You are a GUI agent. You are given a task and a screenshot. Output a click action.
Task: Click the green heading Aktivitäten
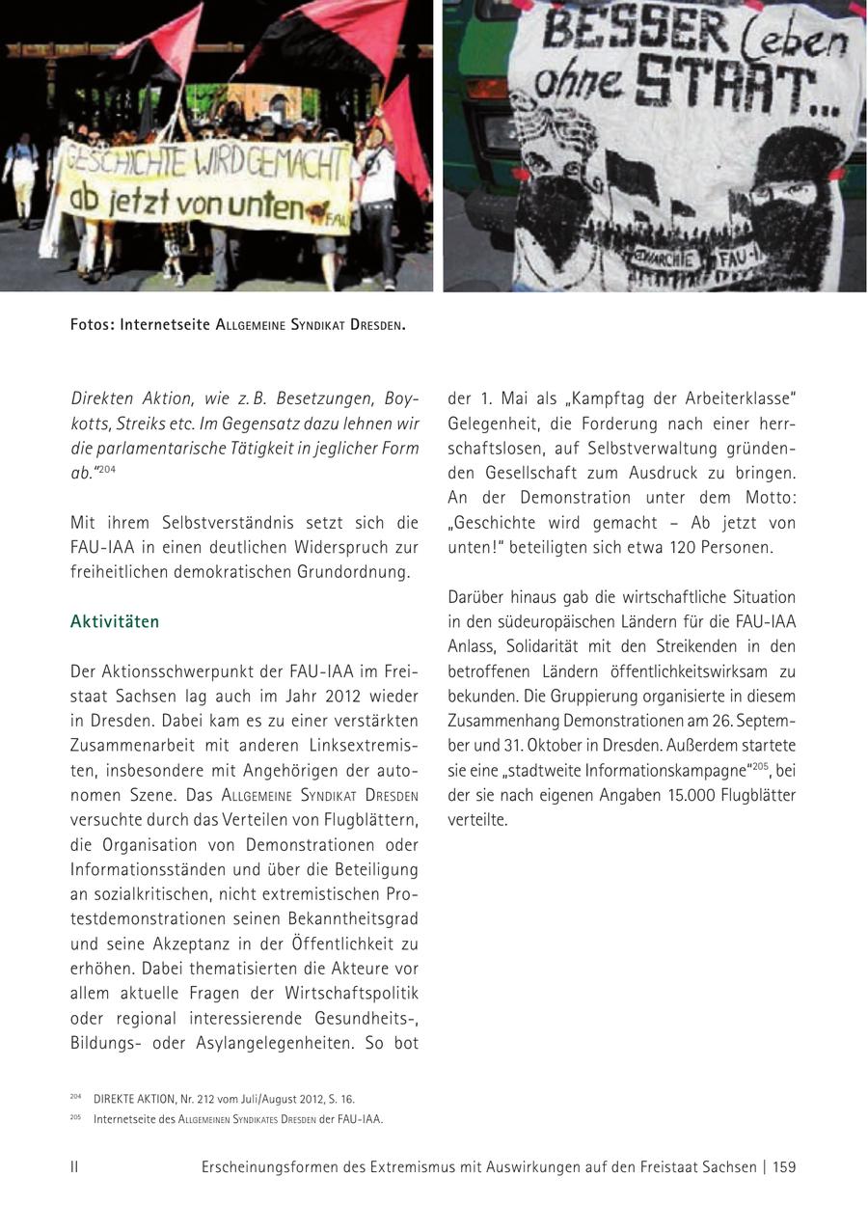click(115, 622)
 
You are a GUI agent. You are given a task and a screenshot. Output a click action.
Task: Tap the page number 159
click(784, 1167)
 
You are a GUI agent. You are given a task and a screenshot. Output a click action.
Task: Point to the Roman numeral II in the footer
click(74, 1167)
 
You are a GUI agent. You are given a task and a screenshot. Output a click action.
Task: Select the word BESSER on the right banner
click(615, 32)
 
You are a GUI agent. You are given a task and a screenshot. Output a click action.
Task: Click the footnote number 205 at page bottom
click(75, 1117)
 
